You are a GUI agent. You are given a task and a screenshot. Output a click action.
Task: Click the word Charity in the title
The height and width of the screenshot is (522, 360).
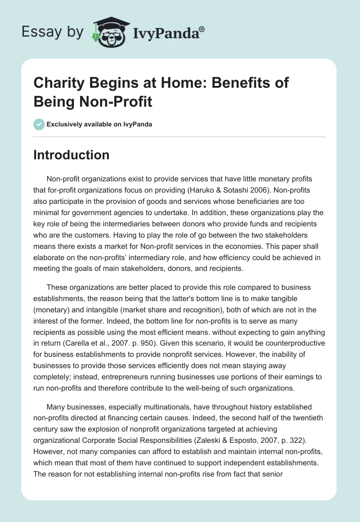click(57, 83)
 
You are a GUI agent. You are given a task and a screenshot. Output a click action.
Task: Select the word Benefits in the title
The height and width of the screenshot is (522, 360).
click(218, 83)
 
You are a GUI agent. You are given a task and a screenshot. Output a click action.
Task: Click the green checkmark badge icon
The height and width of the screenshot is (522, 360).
click(39, 124)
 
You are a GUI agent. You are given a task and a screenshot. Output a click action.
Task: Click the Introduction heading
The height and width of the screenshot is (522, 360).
click(72, 155)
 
